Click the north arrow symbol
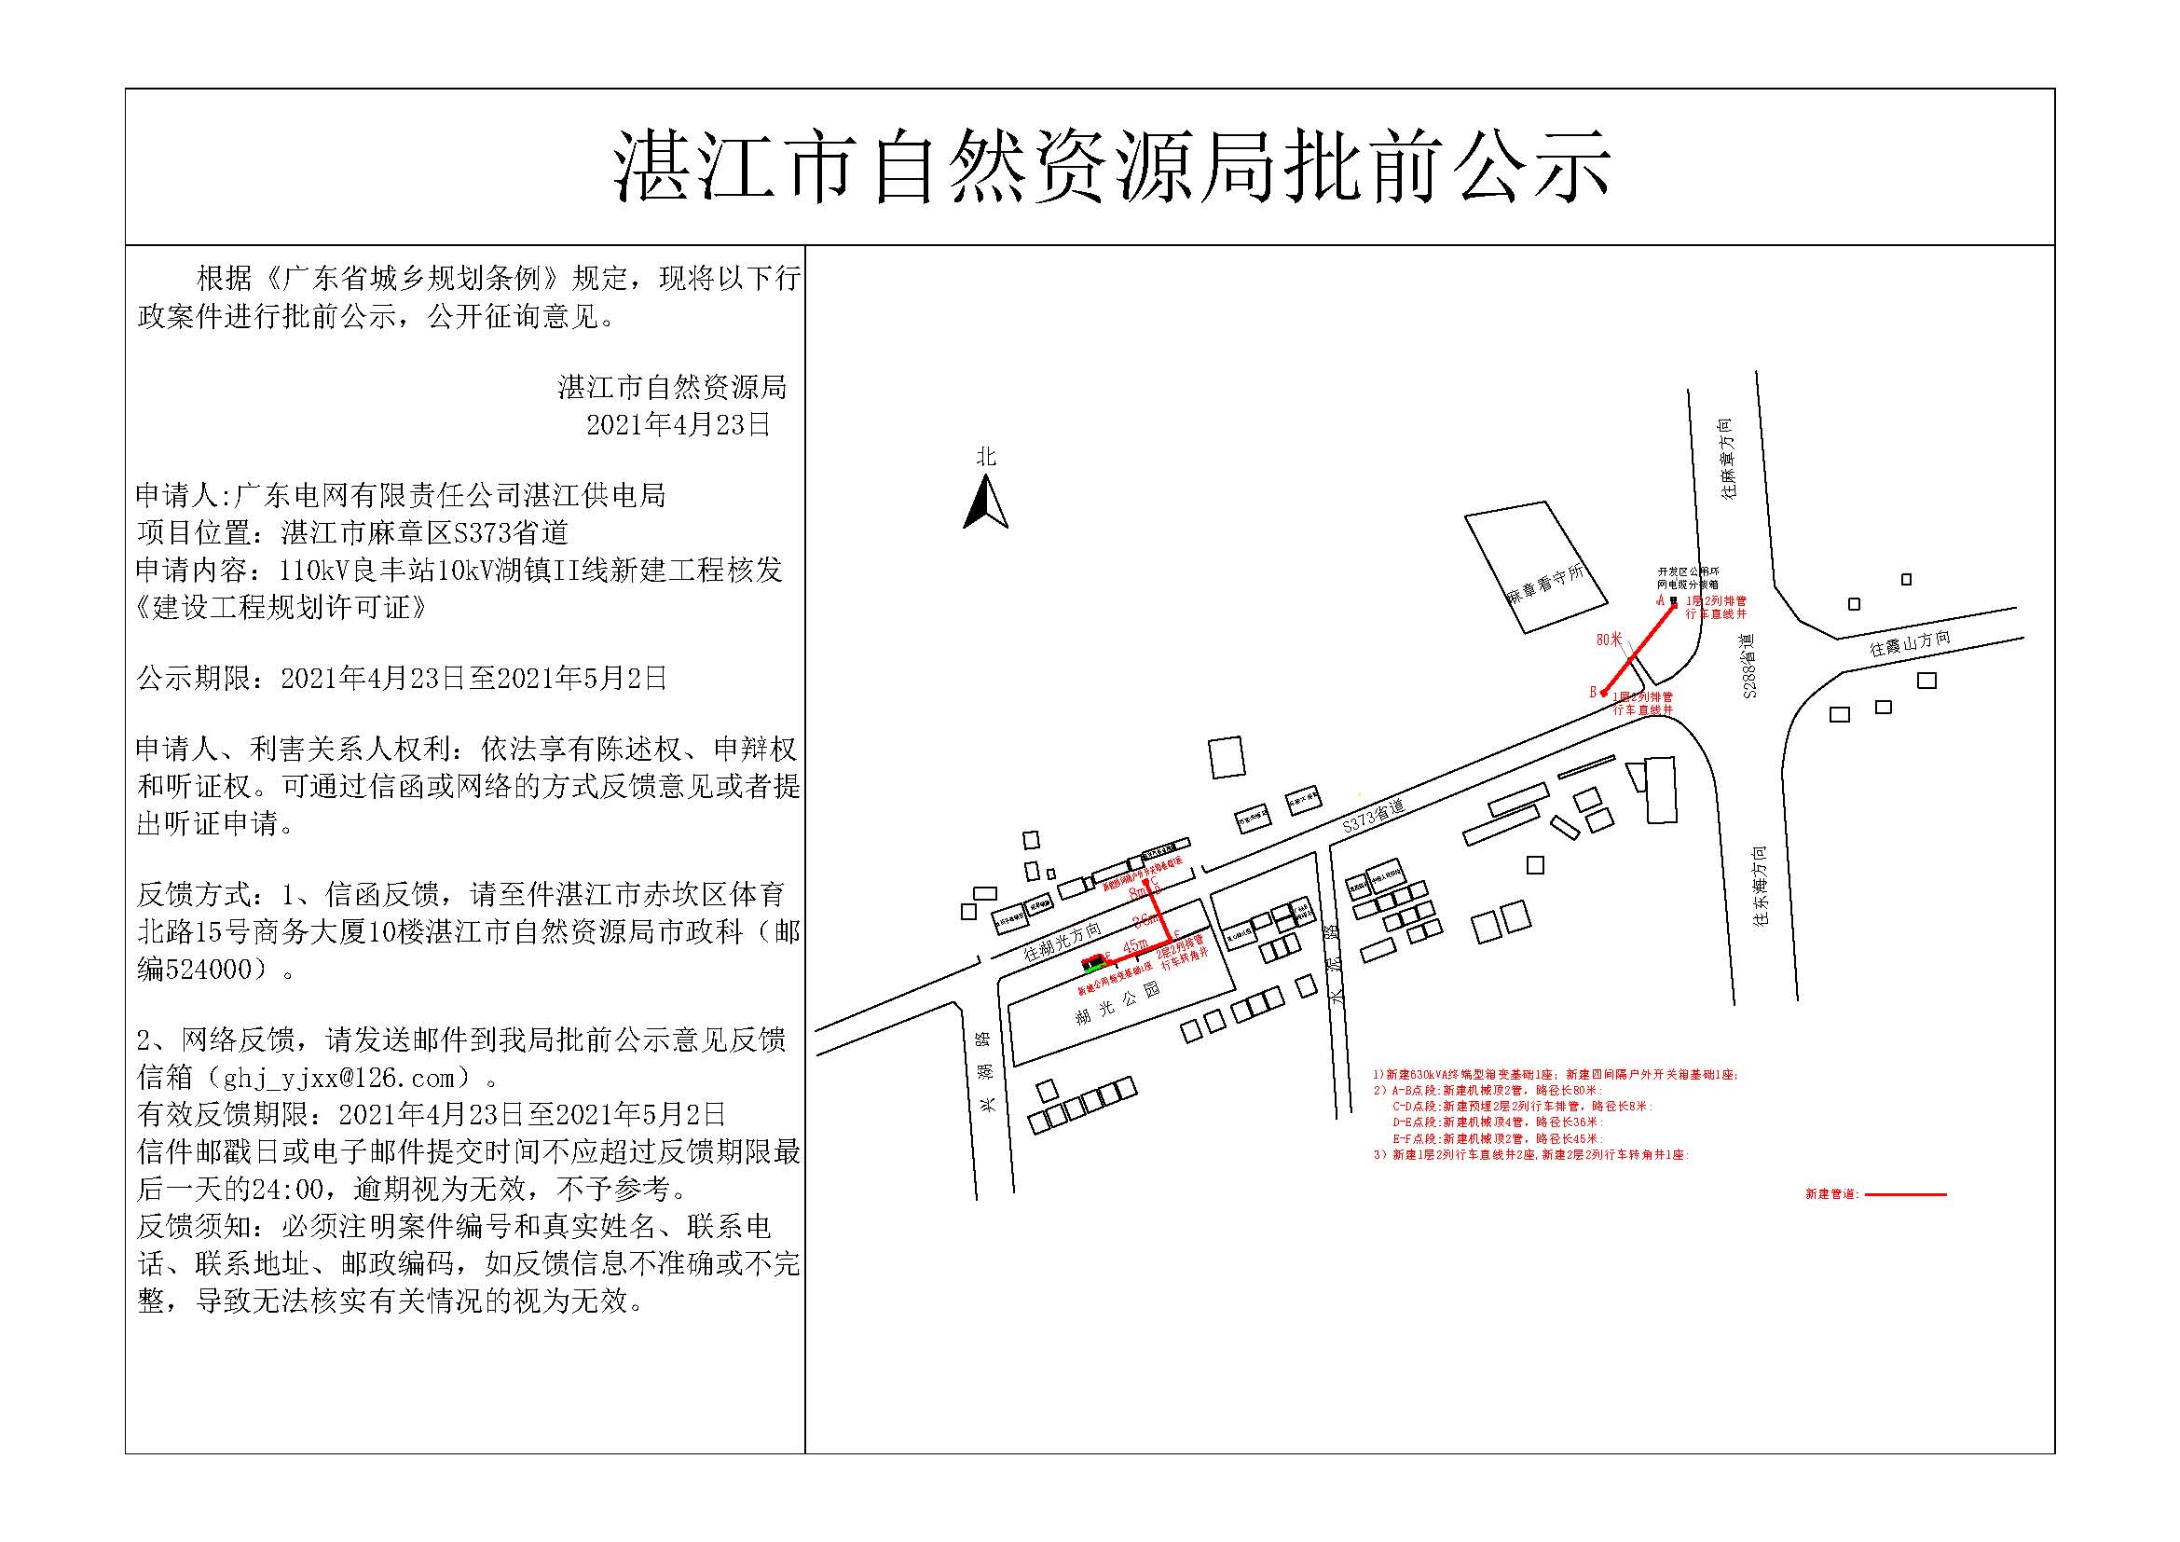985,503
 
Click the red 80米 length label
1609,640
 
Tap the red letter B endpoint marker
1594,692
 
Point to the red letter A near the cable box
1661,600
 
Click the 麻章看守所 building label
1544,586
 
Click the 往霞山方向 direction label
1911,646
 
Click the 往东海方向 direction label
1761,887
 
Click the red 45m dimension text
1135,946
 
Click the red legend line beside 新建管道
1906,1194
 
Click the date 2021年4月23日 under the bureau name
678,424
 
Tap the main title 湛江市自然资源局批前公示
1112,168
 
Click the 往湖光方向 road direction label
1063,941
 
